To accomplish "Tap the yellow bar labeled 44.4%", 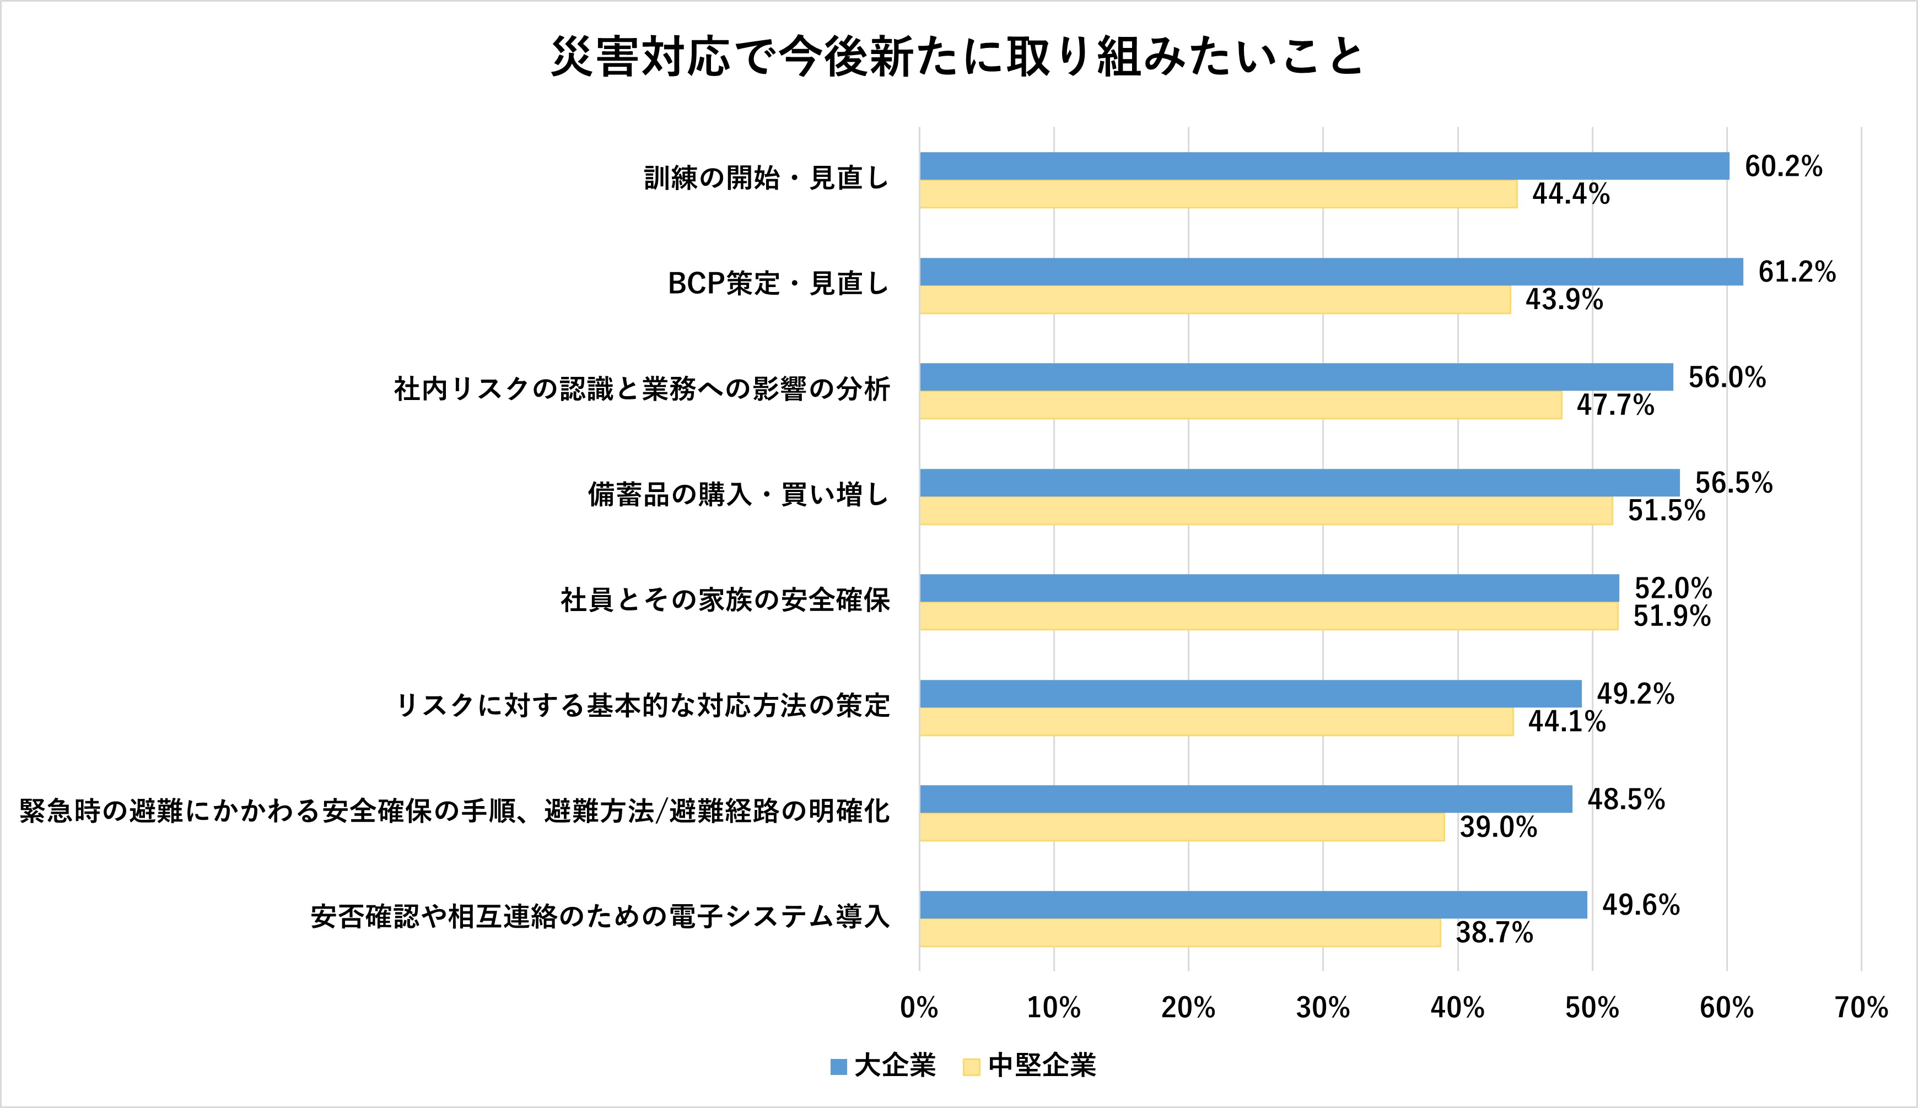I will point(1218,194).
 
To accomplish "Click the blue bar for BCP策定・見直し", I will point(1330,272).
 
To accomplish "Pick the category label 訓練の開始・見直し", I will point(767,178).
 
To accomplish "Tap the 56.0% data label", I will point(1726,377).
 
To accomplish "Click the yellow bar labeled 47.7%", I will point(1240,405).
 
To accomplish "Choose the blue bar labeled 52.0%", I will point(1269,588).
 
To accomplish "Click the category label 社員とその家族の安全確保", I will point(725,601).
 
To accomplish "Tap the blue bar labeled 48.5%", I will point(1245,799).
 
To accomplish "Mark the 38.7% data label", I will point(1494,933).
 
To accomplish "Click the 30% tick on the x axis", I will point(1323,1008).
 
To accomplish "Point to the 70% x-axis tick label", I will point(1861,1008).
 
